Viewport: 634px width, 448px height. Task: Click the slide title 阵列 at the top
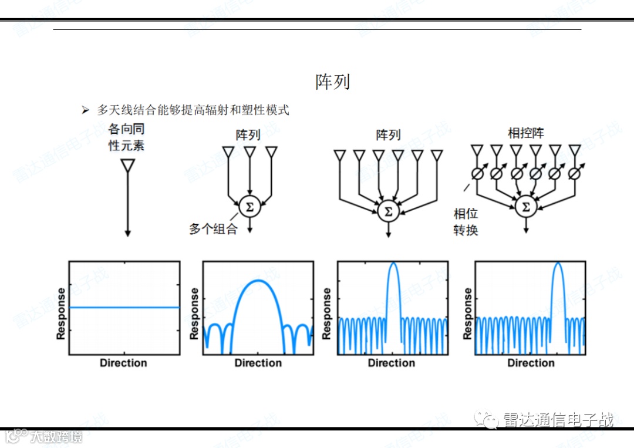[x=332, y=82]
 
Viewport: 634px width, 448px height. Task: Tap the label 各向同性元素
[x=127, y=137]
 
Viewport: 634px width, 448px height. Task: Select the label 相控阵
[x=526, y=133]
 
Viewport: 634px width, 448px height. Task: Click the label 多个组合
[x=213, y=229]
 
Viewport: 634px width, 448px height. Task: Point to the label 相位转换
[x=466, y=222]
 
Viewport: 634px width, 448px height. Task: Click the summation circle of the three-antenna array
[x=249, y=207]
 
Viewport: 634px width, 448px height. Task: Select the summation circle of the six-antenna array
[x=387, y=210]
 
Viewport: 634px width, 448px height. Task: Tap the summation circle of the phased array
[x=526, y=207]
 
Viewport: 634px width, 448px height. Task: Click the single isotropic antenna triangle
[x=127, y=166]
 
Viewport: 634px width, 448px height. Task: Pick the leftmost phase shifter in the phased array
[x=477, y=174]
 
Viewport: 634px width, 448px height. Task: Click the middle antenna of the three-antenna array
[x=249, y=152]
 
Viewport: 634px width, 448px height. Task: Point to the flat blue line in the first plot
[x=124, y=307]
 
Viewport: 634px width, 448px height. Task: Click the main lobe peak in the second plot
[x=258, y=281]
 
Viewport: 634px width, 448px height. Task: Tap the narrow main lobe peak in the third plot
[x=393, y=264]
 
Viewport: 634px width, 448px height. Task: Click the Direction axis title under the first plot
[x=123, y=363]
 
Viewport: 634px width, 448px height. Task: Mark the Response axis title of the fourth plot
[x=468, y=313]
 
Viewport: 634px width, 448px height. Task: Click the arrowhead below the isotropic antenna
[x=127, y=234]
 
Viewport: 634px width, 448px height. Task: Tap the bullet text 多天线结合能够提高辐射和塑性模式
[x=193, y=110]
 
